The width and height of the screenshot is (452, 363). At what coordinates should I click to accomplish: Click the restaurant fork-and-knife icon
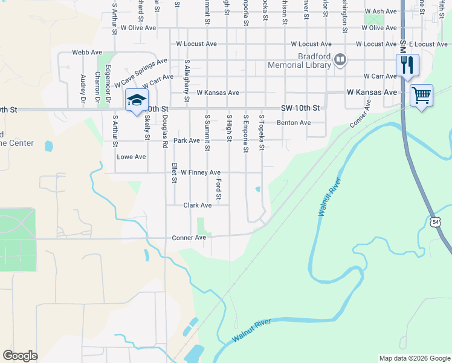pyautogui.click(x=407, y=65)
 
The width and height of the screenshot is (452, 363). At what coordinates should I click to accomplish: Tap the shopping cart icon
pyautogui.click(x=421, y=94)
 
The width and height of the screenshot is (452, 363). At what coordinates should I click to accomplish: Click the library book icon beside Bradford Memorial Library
pyautogui.click(x=340, y=59)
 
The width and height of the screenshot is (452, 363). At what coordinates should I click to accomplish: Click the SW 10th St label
pyautogui.click(x=300, y=108)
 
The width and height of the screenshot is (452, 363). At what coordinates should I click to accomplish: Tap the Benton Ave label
pyautogui.click(x=293, y=123)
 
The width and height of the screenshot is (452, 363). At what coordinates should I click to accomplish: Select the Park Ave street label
pyautogui.click(x=186, y=140)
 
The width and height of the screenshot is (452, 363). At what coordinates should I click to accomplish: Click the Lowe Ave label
pyautogui.click(x=131, y=157)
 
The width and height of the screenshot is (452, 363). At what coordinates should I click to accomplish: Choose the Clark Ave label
pyautogui.click(x=198, y=205)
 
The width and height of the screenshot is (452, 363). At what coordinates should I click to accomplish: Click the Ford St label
pyautogui.click(x=219, y=189)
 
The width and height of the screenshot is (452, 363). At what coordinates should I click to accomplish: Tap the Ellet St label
pyautogui.click(x=173, y=172)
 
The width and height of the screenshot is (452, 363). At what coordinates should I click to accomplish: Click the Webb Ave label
pyautogui.click(x=87, y=53)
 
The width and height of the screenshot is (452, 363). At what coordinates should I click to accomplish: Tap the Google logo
pyautogui.click(x=20, y=356)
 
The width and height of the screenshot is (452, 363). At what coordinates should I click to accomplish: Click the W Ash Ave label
pyautogui.click(x=380, y=11)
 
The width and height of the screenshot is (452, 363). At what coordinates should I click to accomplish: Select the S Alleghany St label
pyautogui.click(x=187, y=80)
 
